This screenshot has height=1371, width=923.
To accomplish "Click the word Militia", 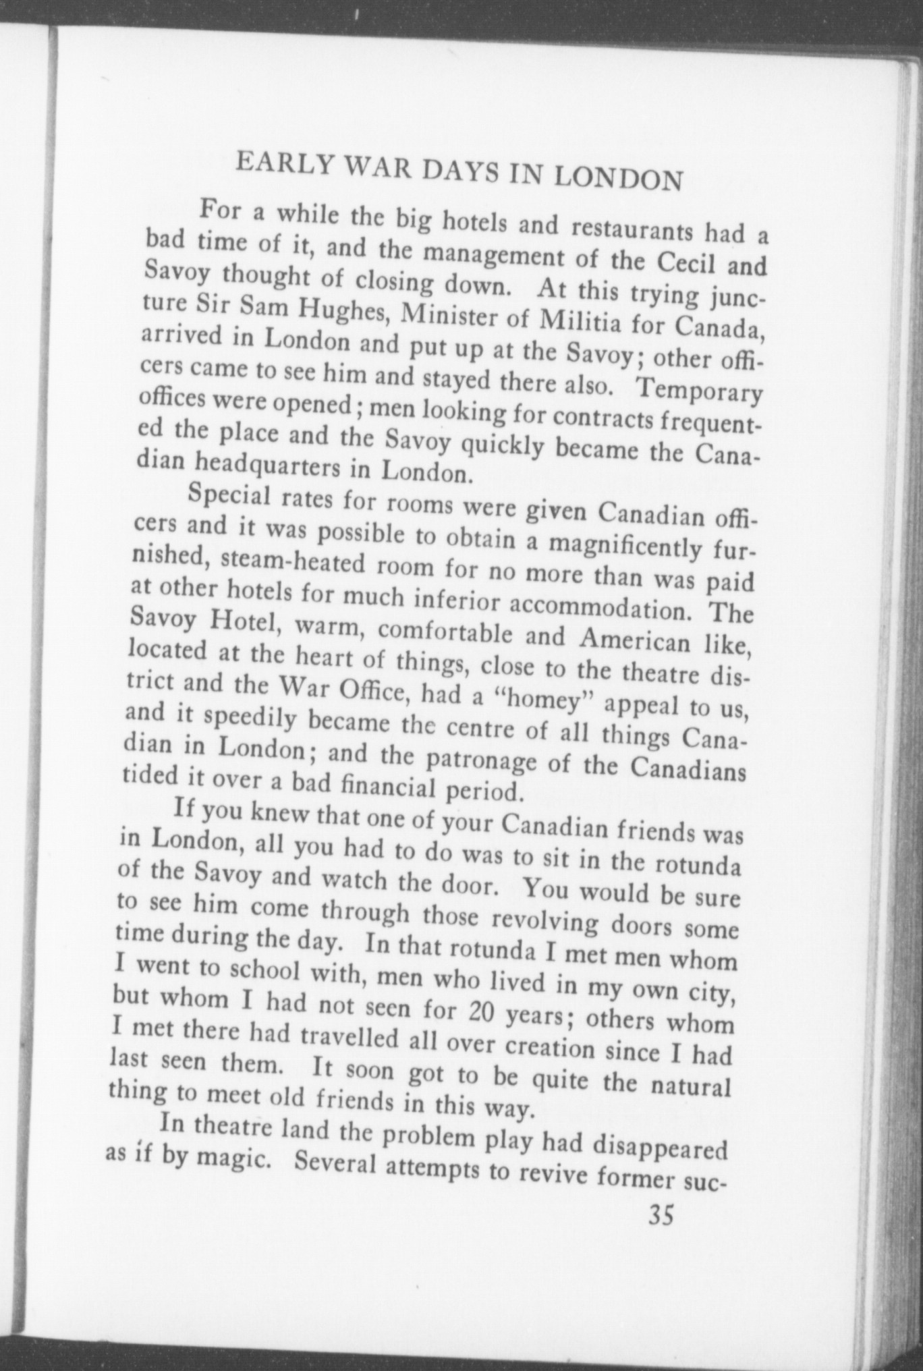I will click(x=573, y=323).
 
